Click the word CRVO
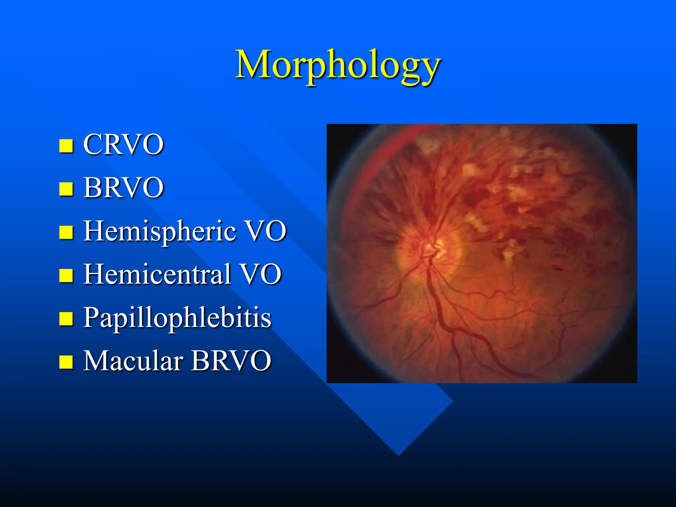(123, 144)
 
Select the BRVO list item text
(123, 187)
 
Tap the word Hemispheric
(159, 231)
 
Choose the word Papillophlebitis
(177, 318)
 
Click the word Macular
(133, 360)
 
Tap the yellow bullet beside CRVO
(66, 146)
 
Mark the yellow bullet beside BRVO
(66, 189)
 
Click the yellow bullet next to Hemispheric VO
(66, 232)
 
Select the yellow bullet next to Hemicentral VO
(66, 276)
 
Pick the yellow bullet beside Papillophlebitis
(66, 319)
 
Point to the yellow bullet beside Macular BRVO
(66, 362)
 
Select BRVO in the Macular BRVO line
(231, 360)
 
